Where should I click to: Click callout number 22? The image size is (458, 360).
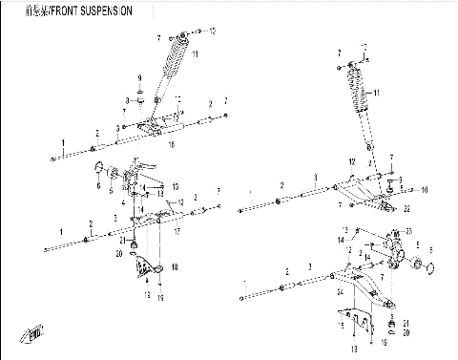coord(405,208)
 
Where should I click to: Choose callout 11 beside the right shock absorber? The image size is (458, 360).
coord(376,93)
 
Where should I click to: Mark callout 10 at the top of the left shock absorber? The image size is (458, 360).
coord(212,32)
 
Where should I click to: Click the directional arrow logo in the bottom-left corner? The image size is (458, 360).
coord(34,333)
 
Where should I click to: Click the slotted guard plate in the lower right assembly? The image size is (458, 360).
coord(354,322)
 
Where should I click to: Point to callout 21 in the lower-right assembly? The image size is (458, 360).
coord(406,321)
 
